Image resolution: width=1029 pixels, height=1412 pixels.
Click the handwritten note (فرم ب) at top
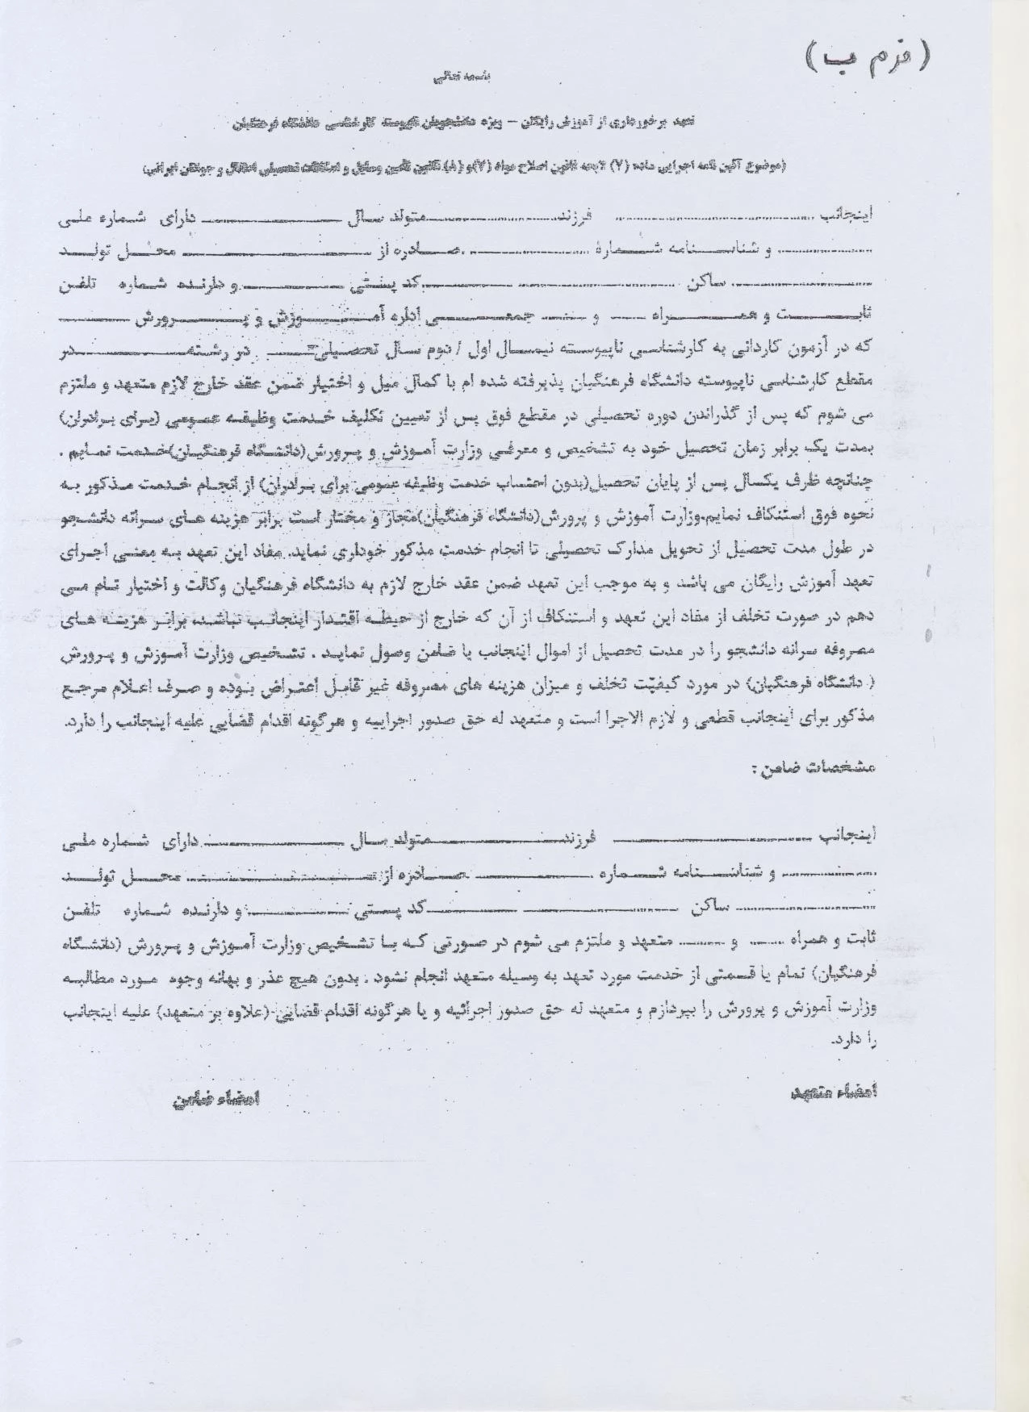tap(868, 57)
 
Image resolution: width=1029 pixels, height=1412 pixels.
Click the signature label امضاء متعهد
tap(834, 1091)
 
